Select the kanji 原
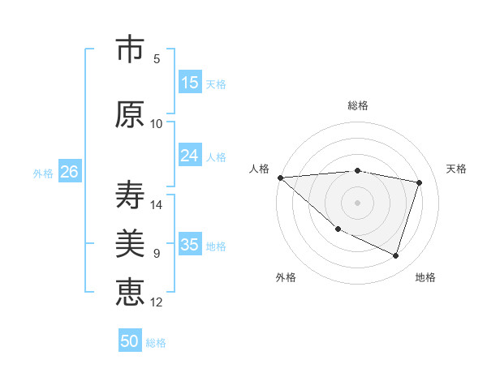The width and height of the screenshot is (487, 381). tap(130, 114)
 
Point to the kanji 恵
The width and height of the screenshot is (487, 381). tap(130, 291)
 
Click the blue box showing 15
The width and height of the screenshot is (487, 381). tap(190, 83)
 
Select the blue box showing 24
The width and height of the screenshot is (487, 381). tap(190, 156)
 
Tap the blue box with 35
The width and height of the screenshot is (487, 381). tap(190, 245)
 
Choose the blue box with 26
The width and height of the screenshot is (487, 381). tap(69, 172)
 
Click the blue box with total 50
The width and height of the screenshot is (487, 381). tap(130, 341)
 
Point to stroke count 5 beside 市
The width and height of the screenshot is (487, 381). tap(157, 59)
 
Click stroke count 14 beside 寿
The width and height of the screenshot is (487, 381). tap(157, 205)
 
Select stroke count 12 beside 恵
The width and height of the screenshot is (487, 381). tap(157, 302)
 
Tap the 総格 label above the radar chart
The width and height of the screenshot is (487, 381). tap(357, 105)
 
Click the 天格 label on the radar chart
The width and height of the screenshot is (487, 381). tap(457, 169)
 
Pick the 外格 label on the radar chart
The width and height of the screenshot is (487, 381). tap(286, 277)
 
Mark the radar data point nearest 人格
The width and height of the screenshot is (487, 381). tap(280, 178)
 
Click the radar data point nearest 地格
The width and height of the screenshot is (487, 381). tap(395, 255)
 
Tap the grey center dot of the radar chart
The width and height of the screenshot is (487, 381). tap(357, 202)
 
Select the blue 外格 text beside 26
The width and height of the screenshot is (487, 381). tap(43, 173)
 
